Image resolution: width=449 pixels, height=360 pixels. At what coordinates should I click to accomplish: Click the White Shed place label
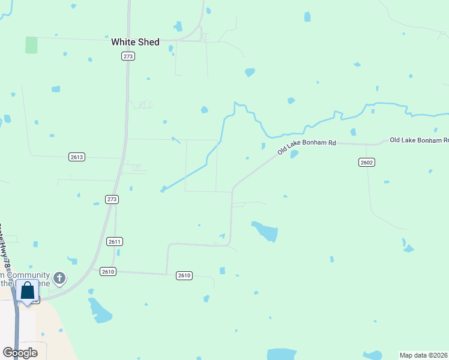pos(135,42)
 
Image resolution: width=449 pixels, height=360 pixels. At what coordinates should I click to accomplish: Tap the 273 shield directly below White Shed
pos(128,56)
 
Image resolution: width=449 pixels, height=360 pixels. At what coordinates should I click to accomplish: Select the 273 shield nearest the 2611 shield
pos(112,199)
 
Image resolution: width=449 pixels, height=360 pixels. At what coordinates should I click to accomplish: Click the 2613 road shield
pos(77,157)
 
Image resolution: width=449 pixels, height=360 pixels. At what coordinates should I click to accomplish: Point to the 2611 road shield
pos(115,241)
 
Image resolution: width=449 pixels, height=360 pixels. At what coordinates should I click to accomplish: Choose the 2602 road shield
pos(367,162)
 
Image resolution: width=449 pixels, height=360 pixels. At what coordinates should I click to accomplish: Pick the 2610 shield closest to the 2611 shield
pos(107,271)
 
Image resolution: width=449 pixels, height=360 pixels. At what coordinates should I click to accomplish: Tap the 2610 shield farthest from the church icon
pos(184,275)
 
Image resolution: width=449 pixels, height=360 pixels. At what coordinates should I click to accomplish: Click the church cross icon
pos(59,278)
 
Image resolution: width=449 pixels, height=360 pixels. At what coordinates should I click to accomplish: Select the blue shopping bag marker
pos(27,292)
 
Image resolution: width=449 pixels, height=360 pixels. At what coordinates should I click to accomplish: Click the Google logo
pos(19,353)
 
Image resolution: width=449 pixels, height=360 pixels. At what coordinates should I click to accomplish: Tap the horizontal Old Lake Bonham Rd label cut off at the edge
pos(418,140)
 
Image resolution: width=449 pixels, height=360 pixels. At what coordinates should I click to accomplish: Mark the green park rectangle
pos(31,45)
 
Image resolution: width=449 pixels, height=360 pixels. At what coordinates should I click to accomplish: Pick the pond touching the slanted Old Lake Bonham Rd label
pos(294,154)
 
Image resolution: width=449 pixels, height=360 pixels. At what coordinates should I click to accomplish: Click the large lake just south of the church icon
pos(100,310)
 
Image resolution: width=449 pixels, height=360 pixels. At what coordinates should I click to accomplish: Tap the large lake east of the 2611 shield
pos(266,231)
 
